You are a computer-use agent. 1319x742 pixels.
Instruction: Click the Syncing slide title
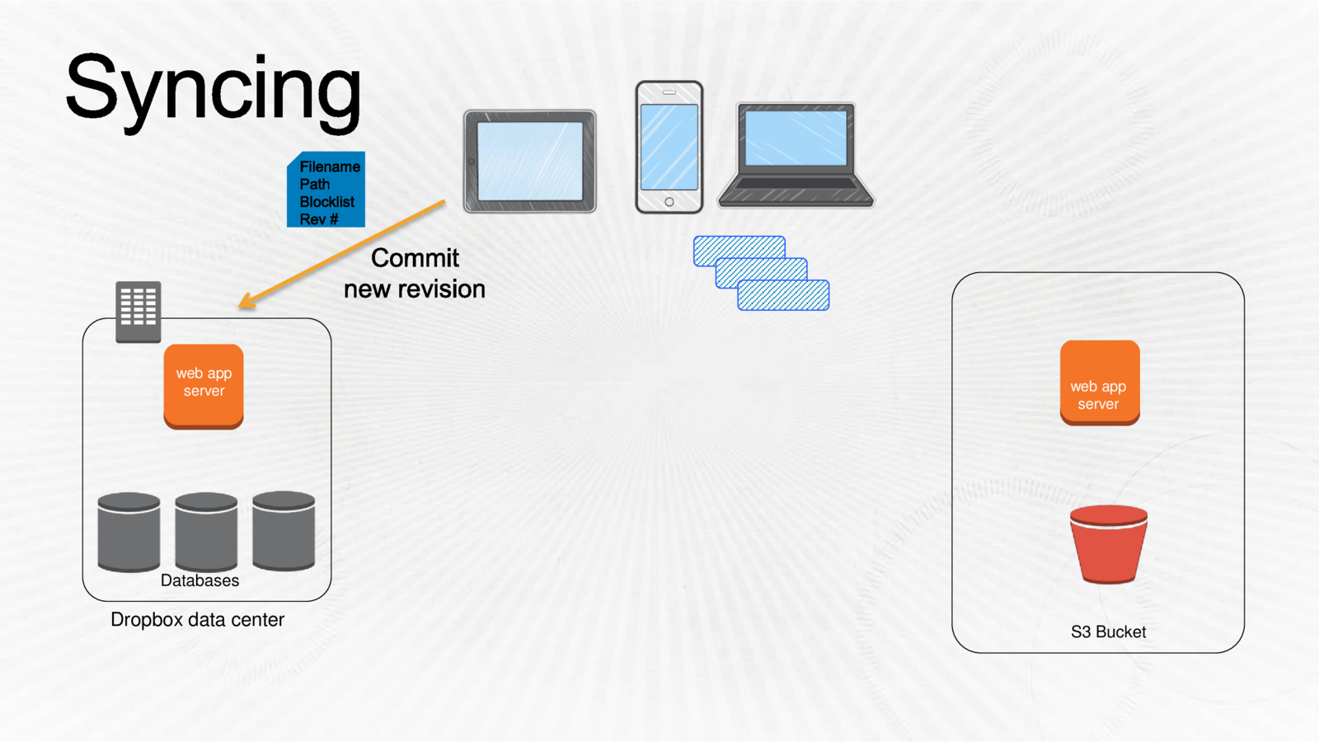click(213, 89)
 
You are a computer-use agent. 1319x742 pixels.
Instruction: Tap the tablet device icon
click(530, 162)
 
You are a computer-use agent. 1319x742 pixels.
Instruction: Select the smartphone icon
click(669, 147)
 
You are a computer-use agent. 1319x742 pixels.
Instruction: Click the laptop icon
click(796, 155)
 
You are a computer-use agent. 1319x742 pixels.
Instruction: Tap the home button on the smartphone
click(669, 202)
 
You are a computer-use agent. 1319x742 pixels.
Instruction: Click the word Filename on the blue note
click(330, 167)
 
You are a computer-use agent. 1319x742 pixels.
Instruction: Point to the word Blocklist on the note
click(326, 202)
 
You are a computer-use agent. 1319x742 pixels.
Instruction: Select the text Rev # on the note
click(318, 219)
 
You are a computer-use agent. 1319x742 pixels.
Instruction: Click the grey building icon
click(138, 311)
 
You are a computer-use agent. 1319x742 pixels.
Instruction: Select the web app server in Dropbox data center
click(204, 385)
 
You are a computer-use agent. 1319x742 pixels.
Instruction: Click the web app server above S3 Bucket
click(1100, 383)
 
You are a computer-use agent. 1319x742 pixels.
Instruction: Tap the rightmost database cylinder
click(284, 531)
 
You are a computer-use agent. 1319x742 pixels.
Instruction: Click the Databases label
click(199, 580)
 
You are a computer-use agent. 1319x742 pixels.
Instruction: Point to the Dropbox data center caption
click(197, 620)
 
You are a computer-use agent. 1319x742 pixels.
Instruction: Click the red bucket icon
click(1108, 544)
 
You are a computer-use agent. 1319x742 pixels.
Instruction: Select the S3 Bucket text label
click(1108, 632)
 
